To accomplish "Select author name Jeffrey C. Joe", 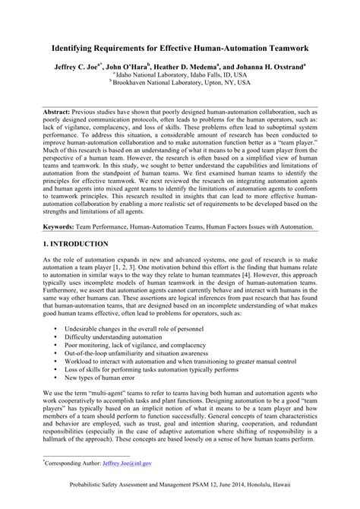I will [80, 67].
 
